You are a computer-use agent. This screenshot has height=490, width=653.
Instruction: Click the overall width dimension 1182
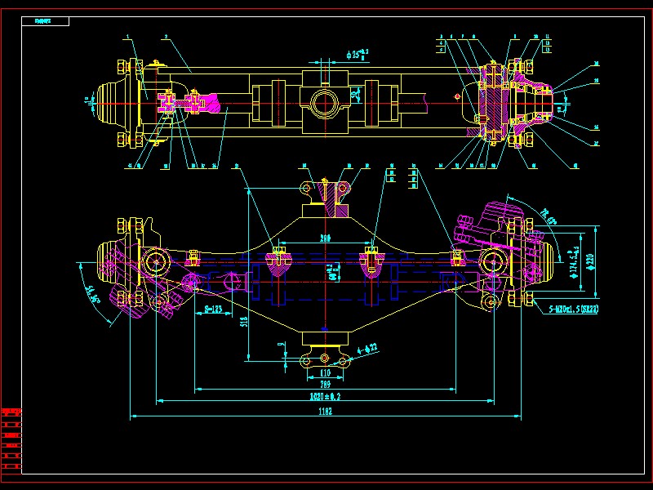[325, 413]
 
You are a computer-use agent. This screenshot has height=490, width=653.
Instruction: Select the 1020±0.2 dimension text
[325, 396]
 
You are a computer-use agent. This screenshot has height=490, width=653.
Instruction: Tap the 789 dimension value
[325, 384]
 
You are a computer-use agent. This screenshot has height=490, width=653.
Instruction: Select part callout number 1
[128, 38]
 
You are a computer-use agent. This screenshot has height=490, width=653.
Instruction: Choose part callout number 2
[165, 38]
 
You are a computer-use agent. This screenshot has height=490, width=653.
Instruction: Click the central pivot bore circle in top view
[325, 103]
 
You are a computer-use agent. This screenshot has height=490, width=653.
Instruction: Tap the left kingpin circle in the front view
[155, 261]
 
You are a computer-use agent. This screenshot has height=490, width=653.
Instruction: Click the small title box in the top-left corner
[46, 20]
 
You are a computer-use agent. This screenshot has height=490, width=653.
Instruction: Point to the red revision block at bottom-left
[11, 438]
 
